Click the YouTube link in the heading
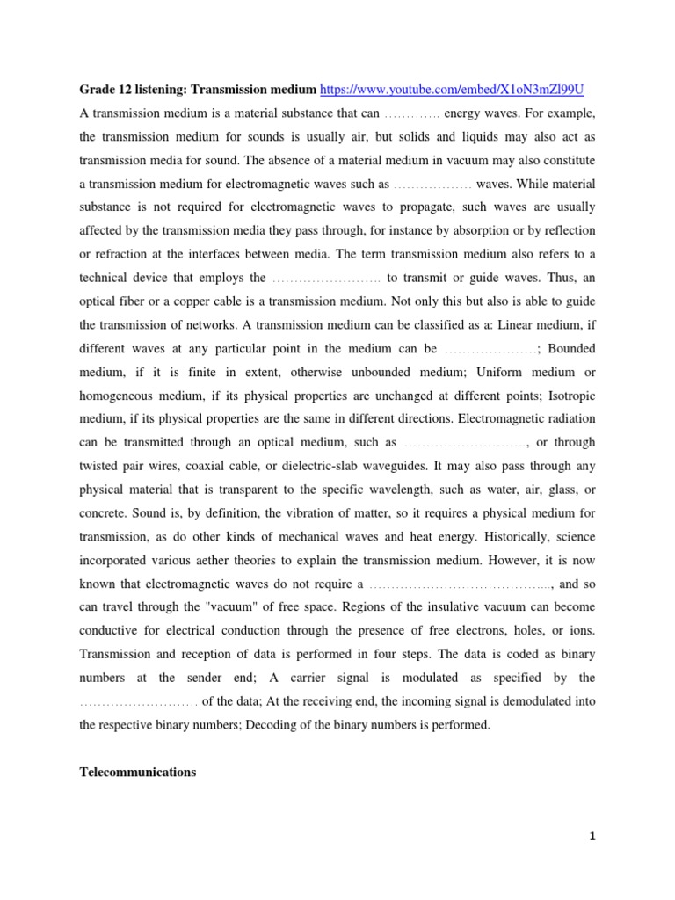[x=453, y=90]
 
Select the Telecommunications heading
[x=138, y=772]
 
